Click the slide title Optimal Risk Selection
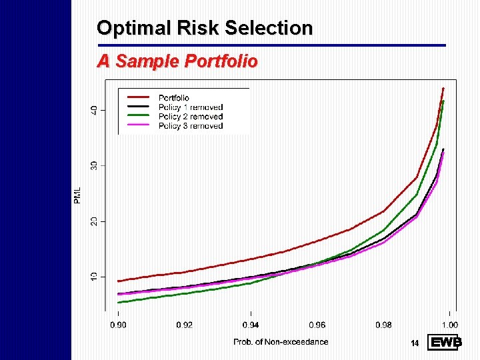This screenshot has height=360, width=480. click(205, 28)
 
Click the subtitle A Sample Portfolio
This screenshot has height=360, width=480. click(177, 61)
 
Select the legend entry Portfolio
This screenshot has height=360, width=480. click(174, 98)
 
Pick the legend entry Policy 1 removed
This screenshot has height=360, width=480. click(190, 107)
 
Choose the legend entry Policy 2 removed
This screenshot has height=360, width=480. click(190, 117)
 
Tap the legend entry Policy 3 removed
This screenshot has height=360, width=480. click(190, 126)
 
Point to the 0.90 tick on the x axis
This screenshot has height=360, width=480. click(119, 325)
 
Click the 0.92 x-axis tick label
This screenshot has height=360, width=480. click(185, 325)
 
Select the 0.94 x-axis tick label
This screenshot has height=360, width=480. click(251, 325)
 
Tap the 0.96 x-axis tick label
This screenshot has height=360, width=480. click(317, 325)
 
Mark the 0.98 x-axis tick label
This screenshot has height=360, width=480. click(383, 325)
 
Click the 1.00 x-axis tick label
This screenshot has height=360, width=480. click(449, 325)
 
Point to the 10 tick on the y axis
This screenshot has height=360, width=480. click(94, 276)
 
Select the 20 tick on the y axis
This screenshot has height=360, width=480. click(94, 221)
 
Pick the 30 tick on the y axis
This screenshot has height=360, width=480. click(94, 165)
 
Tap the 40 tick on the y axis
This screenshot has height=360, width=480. click(94, 109)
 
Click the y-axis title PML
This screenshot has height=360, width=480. click(78, 195)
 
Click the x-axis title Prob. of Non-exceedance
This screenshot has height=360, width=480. click(281, 342)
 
